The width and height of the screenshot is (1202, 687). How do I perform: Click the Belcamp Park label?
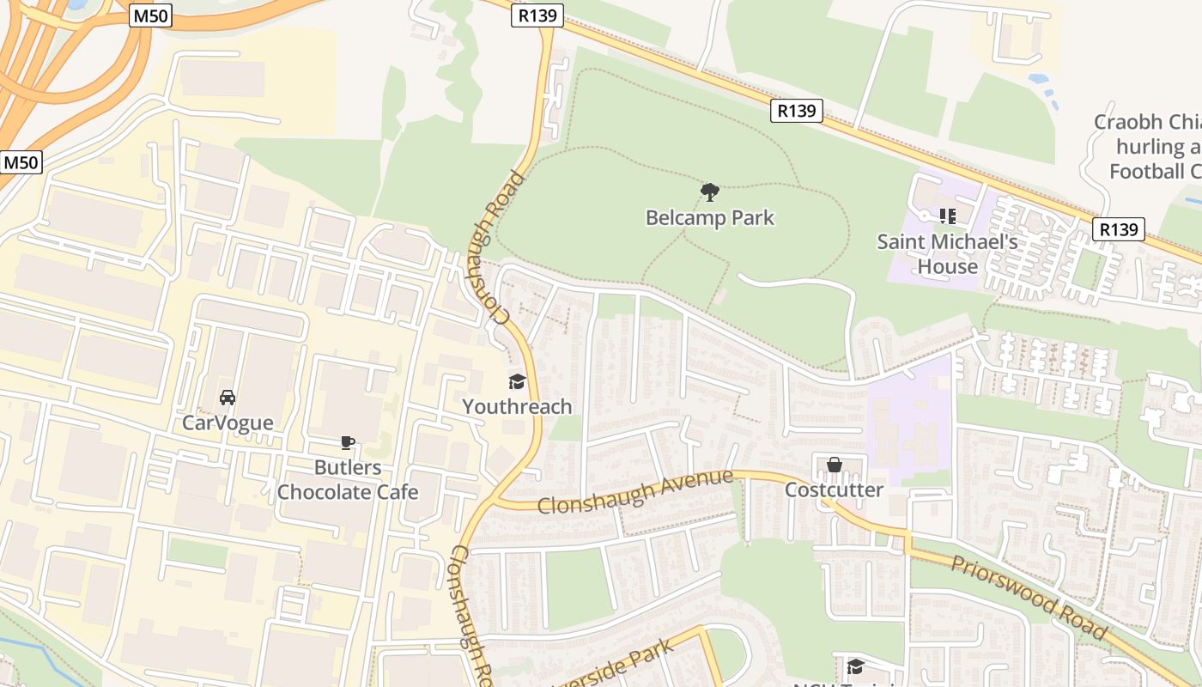point(709,218)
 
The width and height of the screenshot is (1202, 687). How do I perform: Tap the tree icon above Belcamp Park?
point(709,192)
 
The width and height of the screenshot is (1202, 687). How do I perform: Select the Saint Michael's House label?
point(947,254)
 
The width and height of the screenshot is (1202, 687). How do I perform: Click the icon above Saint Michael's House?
point(947,216)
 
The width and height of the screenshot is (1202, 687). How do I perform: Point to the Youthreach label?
point(517,406)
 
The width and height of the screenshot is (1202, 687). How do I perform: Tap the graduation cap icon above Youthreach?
point(517,381)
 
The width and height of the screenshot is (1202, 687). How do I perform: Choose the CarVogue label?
point(228,423)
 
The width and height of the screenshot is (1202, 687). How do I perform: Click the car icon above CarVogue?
point(228,398)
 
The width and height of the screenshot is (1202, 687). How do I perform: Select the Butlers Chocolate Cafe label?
point(348,479)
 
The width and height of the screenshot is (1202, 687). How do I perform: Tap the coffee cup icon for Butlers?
point(347,443)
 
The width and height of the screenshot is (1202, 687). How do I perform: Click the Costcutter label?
point(834,489)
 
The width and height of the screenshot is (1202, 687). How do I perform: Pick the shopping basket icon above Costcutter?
point(834,465)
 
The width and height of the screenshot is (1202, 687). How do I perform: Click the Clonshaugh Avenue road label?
point(635,492)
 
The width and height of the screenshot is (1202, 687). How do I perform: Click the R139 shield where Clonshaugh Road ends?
point(537,15)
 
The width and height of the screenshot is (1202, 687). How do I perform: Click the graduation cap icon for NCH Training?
point(855,666)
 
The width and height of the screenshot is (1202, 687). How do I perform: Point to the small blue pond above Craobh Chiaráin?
point(1040,79)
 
